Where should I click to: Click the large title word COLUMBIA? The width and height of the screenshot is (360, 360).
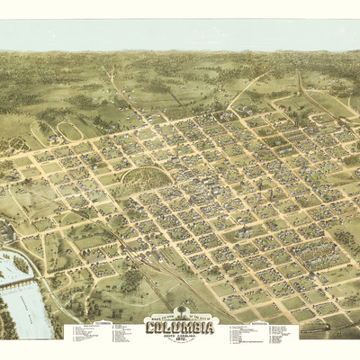coord(180,326)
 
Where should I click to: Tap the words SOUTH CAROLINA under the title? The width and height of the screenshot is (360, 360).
coord(180,334)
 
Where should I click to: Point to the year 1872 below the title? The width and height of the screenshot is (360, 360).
coord(180,338)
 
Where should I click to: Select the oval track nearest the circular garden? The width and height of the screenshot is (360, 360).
coord(70,131)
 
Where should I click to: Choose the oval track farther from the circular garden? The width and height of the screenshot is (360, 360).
coord(40,134)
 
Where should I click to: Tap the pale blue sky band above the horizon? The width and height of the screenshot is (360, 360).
coord(180,36)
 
